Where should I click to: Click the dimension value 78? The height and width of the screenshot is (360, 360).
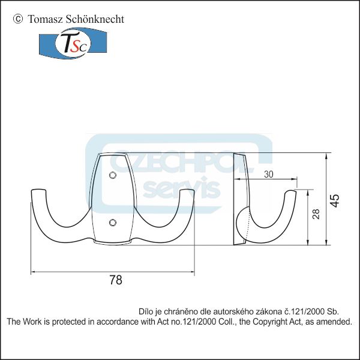(116, 280)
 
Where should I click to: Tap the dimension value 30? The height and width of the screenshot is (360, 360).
(268, 174)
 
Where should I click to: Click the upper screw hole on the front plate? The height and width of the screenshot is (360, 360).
(112, 176)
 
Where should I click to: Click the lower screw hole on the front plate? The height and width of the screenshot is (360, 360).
(112, 223)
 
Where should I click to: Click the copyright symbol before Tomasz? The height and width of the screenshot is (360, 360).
(17, 19)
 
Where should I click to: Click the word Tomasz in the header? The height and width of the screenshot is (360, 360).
(42, 19)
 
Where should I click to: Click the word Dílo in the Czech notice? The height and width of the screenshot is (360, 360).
(146, 311)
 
